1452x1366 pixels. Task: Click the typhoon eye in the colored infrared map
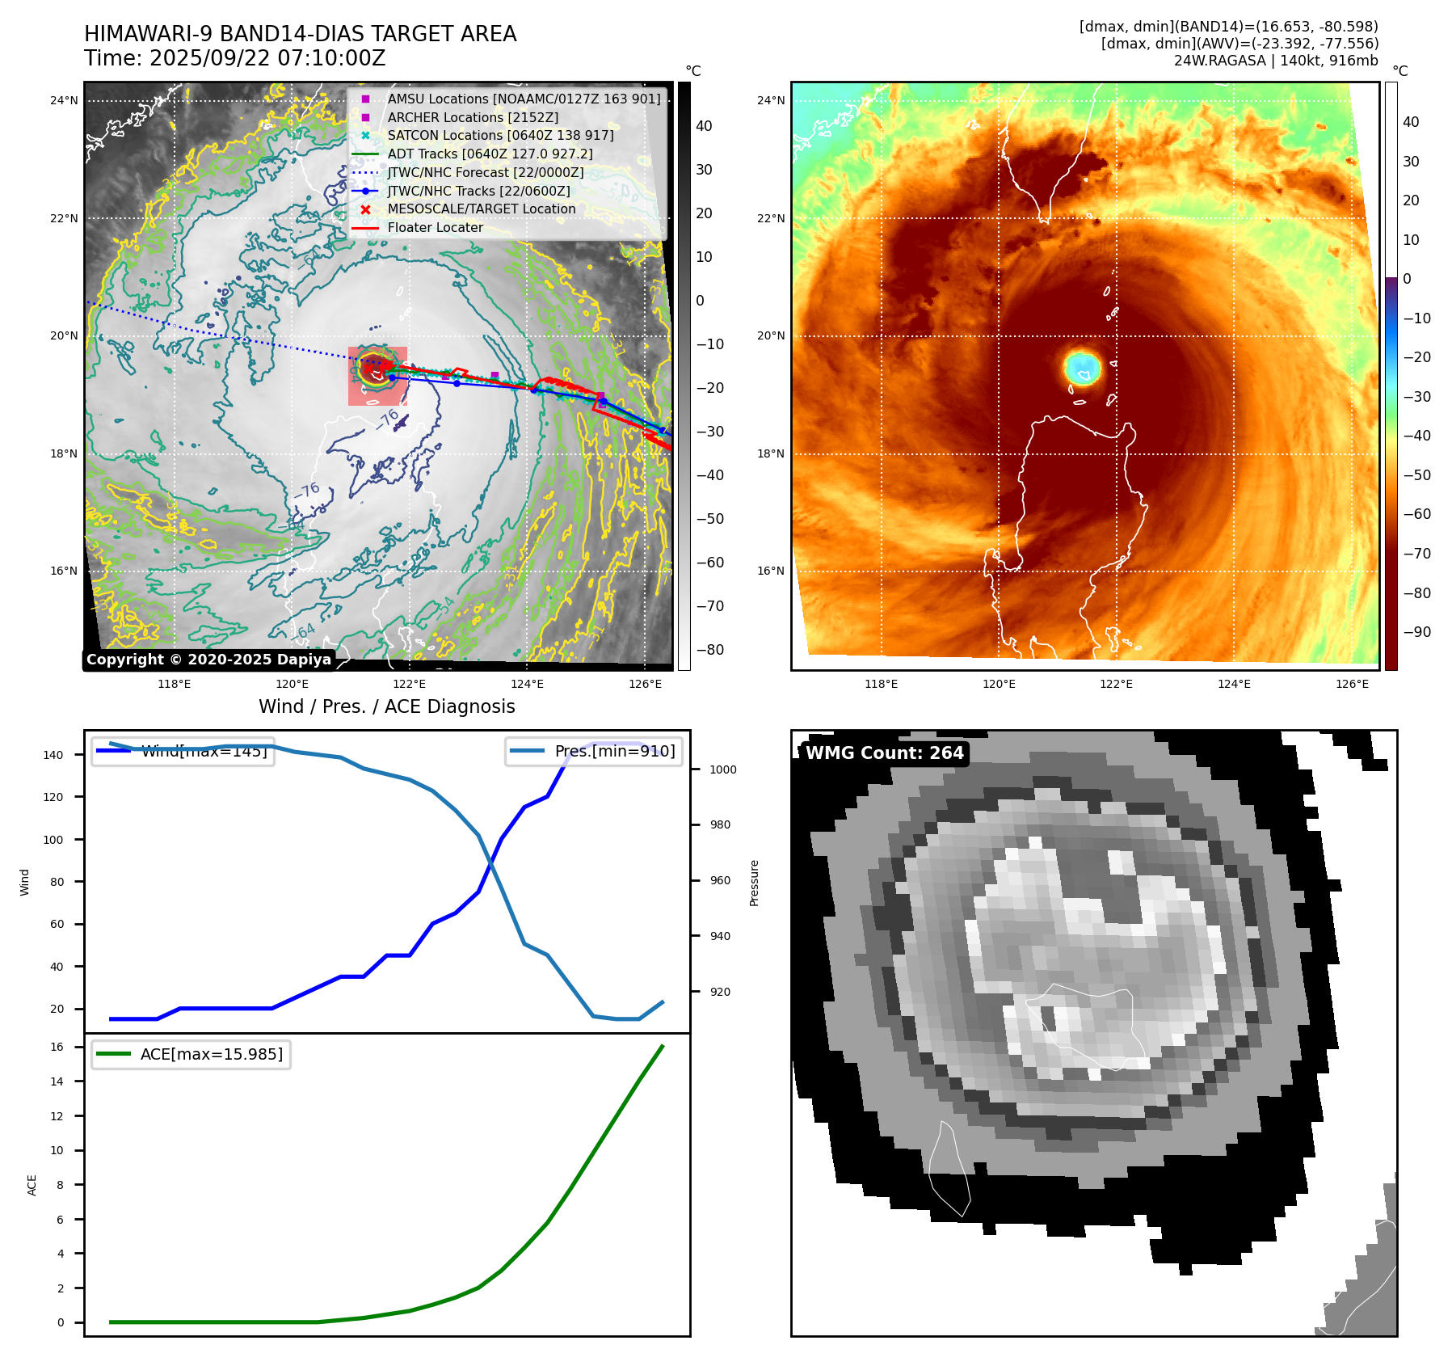(x=1082, y=367)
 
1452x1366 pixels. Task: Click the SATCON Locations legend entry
(x=500, y=136)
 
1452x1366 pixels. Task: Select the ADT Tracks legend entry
(x=490, y=154)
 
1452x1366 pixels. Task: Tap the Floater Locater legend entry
(x=435, y=228)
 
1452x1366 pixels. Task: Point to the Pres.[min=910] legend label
(x=614, y=751)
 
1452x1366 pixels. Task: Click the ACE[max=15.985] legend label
(x=212, y=1054)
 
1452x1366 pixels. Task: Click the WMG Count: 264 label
(x=884, y=753)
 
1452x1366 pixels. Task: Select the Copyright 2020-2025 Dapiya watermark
(x=208, y=660)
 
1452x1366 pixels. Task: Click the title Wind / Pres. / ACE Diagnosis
(x=386, y=706)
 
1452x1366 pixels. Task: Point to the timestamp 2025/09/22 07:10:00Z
(x=267, y=59)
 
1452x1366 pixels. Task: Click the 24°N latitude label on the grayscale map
(x=64, y=101)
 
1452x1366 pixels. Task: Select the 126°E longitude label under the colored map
(x=1352, y=684)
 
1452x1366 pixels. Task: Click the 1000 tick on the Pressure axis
(x=722, y=769)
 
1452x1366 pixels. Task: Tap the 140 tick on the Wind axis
(x=53, y=755)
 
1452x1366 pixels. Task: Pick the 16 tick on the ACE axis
(x=57, y=1047)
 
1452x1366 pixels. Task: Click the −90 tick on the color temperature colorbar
(x=1416, y=632)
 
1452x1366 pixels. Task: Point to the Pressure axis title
(x=754, y=882)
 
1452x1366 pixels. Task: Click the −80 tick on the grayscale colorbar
(x=710, y=650)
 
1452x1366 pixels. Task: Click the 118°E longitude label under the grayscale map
(x=174, y=684)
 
